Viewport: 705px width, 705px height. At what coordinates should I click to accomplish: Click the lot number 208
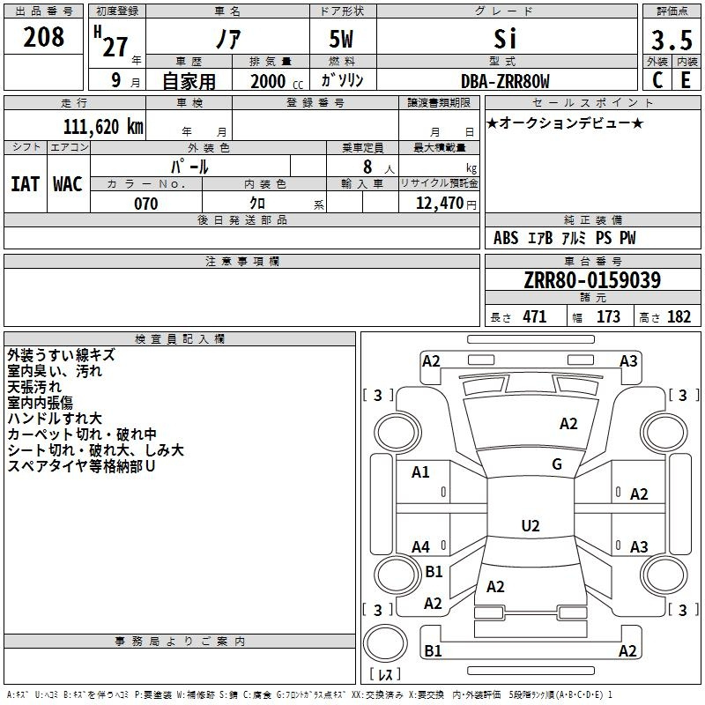click(43, 37)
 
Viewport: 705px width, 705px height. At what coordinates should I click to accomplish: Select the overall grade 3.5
click(672, 40)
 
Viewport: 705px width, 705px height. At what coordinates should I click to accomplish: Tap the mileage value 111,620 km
click(103, 126)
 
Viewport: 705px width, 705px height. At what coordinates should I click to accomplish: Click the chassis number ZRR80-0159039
click(592, 280)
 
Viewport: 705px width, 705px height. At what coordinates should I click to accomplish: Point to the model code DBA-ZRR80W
click(505, 81)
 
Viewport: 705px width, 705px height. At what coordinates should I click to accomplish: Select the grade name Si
click(505, 39)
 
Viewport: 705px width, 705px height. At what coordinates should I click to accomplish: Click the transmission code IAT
click(26, 184)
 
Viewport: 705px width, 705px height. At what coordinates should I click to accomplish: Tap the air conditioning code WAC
click(68, 184)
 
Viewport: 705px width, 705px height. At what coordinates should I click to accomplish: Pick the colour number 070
click(146, 204)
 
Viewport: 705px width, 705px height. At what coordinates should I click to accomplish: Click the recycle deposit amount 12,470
click(439, 204)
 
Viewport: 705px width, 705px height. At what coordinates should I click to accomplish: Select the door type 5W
click(341, 39)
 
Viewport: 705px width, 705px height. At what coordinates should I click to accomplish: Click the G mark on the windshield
click(557, 464)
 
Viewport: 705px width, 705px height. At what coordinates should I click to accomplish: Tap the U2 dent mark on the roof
click(531, 525)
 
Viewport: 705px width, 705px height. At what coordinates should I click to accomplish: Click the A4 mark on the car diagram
click(420, 546)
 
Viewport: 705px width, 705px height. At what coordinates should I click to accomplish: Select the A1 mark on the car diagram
click(420, 472)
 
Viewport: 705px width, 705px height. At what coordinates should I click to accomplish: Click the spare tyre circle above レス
click(385, 642)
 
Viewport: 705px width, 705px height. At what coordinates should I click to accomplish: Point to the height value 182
click(679, 317)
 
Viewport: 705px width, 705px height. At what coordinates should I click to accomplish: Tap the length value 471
click(535, 317)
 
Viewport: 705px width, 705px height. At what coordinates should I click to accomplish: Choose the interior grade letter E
click(686, 80)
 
